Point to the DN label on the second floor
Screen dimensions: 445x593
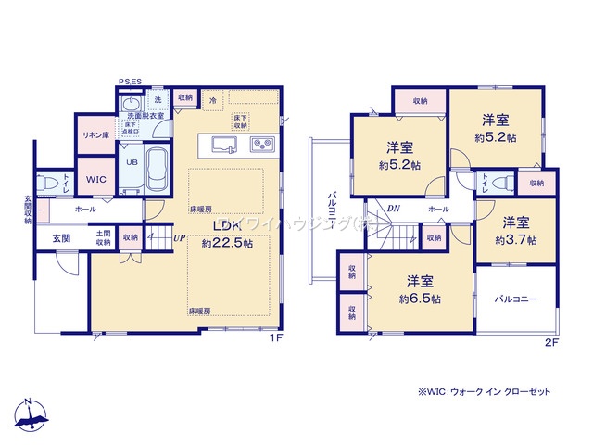tap(394, 209)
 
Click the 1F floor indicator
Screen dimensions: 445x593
tap(275, 339)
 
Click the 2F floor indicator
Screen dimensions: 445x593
tap(553, 339)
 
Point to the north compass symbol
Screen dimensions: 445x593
tap(32, 415)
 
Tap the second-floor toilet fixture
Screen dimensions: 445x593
tap(501, 183)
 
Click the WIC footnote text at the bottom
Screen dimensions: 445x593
tap(483, 392)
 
